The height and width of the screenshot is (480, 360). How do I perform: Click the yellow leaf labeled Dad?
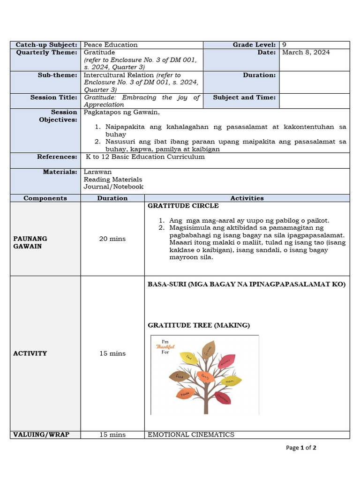(189, 358)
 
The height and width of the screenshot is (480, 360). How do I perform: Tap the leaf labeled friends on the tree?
(208, 349)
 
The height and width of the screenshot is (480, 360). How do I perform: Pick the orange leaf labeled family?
(205, 376)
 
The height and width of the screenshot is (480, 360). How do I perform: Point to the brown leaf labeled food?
(180, 376)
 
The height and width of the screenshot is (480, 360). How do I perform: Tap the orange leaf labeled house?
(186, 393)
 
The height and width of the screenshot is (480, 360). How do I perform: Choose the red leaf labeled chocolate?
(222, 397)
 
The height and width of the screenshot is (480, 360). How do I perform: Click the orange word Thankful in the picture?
(165, 347)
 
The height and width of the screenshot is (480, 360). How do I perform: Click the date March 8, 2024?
(306, 52)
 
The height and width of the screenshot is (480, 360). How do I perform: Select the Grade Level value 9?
(285, 45)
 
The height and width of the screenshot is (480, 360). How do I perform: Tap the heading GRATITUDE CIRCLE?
(183, 206)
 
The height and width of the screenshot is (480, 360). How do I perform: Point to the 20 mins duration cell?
(112, 239)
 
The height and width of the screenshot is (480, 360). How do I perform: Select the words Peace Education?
(111, 45)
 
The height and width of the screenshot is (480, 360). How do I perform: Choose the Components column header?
(45, 198)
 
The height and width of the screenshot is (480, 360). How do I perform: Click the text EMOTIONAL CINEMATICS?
(191, 435)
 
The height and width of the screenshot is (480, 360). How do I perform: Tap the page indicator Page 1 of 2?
(301, 448)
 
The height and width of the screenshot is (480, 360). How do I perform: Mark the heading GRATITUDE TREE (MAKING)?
(199, 325)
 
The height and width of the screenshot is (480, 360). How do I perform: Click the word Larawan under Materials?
(97, 172)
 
